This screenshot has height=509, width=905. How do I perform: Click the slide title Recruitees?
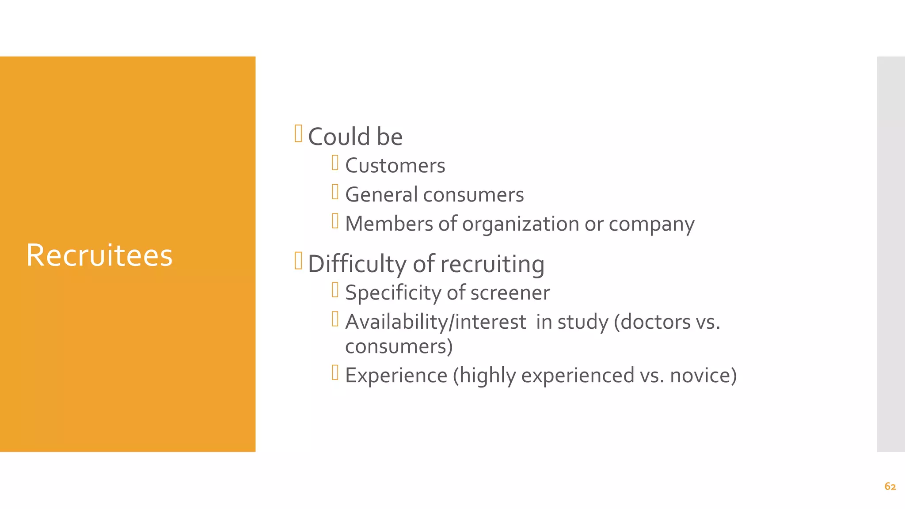(x=99, y=255)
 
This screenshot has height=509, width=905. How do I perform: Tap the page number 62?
(x=890, y=486)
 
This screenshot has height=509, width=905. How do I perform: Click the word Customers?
(x=395, y=166)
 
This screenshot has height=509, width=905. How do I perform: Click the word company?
(x=651, y=224)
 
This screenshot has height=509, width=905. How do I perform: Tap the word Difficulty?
(x=357, y=264)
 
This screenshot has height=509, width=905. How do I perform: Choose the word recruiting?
(x=492, y=264)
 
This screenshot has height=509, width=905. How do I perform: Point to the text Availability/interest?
(x=436, y=322)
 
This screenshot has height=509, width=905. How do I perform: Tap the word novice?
(x=703, y=376)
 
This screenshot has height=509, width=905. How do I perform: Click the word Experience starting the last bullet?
(x=396, y=376)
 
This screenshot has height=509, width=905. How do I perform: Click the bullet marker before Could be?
(x=298, y=133)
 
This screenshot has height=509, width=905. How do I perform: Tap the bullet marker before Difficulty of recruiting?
(x=298, y=261)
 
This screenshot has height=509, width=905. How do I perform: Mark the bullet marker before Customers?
(x=335, y=163)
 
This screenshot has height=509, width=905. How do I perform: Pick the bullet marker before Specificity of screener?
(x=335, y=290)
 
